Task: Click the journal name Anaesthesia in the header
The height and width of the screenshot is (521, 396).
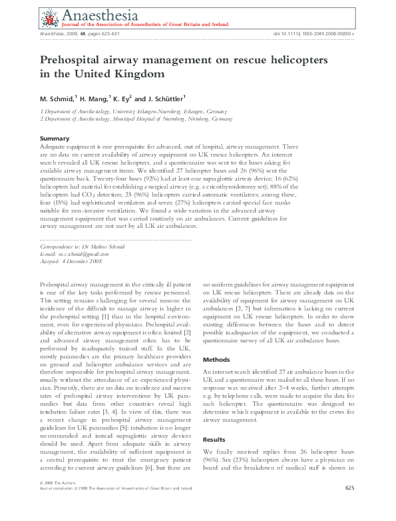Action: (91, 15)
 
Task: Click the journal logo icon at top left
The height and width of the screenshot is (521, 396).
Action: (48, 18)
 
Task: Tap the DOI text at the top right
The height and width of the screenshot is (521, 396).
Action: (313, 33)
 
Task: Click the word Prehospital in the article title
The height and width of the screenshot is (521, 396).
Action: (73, 60)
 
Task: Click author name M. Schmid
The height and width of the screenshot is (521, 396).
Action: (57, 98)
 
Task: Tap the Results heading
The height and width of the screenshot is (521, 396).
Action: (214, 440)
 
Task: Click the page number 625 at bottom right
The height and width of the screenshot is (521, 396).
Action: (349, 508)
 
